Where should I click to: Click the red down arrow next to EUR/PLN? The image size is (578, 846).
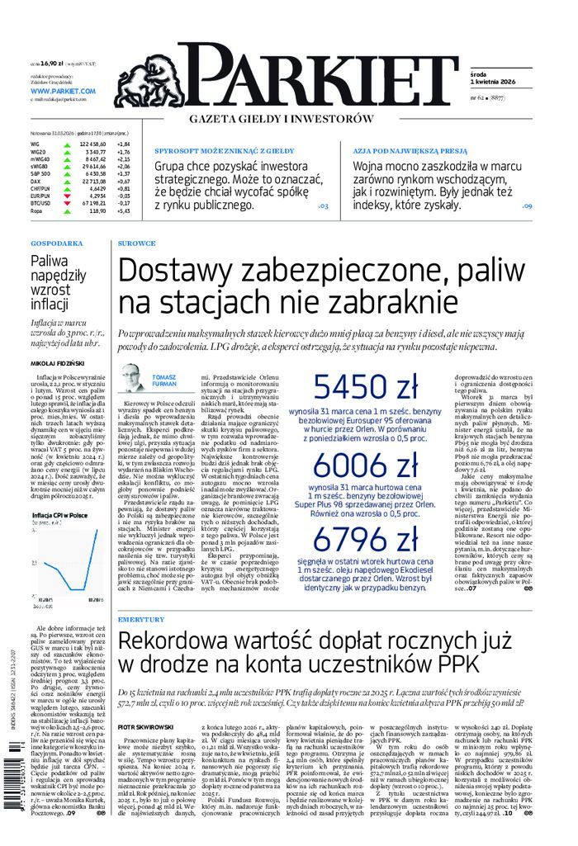point(64,195)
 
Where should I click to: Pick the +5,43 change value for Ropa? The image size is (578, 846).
point(124,211)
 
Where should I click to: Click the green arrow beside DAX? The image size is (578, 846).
point(64,181)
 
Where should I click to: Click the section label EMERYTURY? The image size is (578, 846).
point(141,619)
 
